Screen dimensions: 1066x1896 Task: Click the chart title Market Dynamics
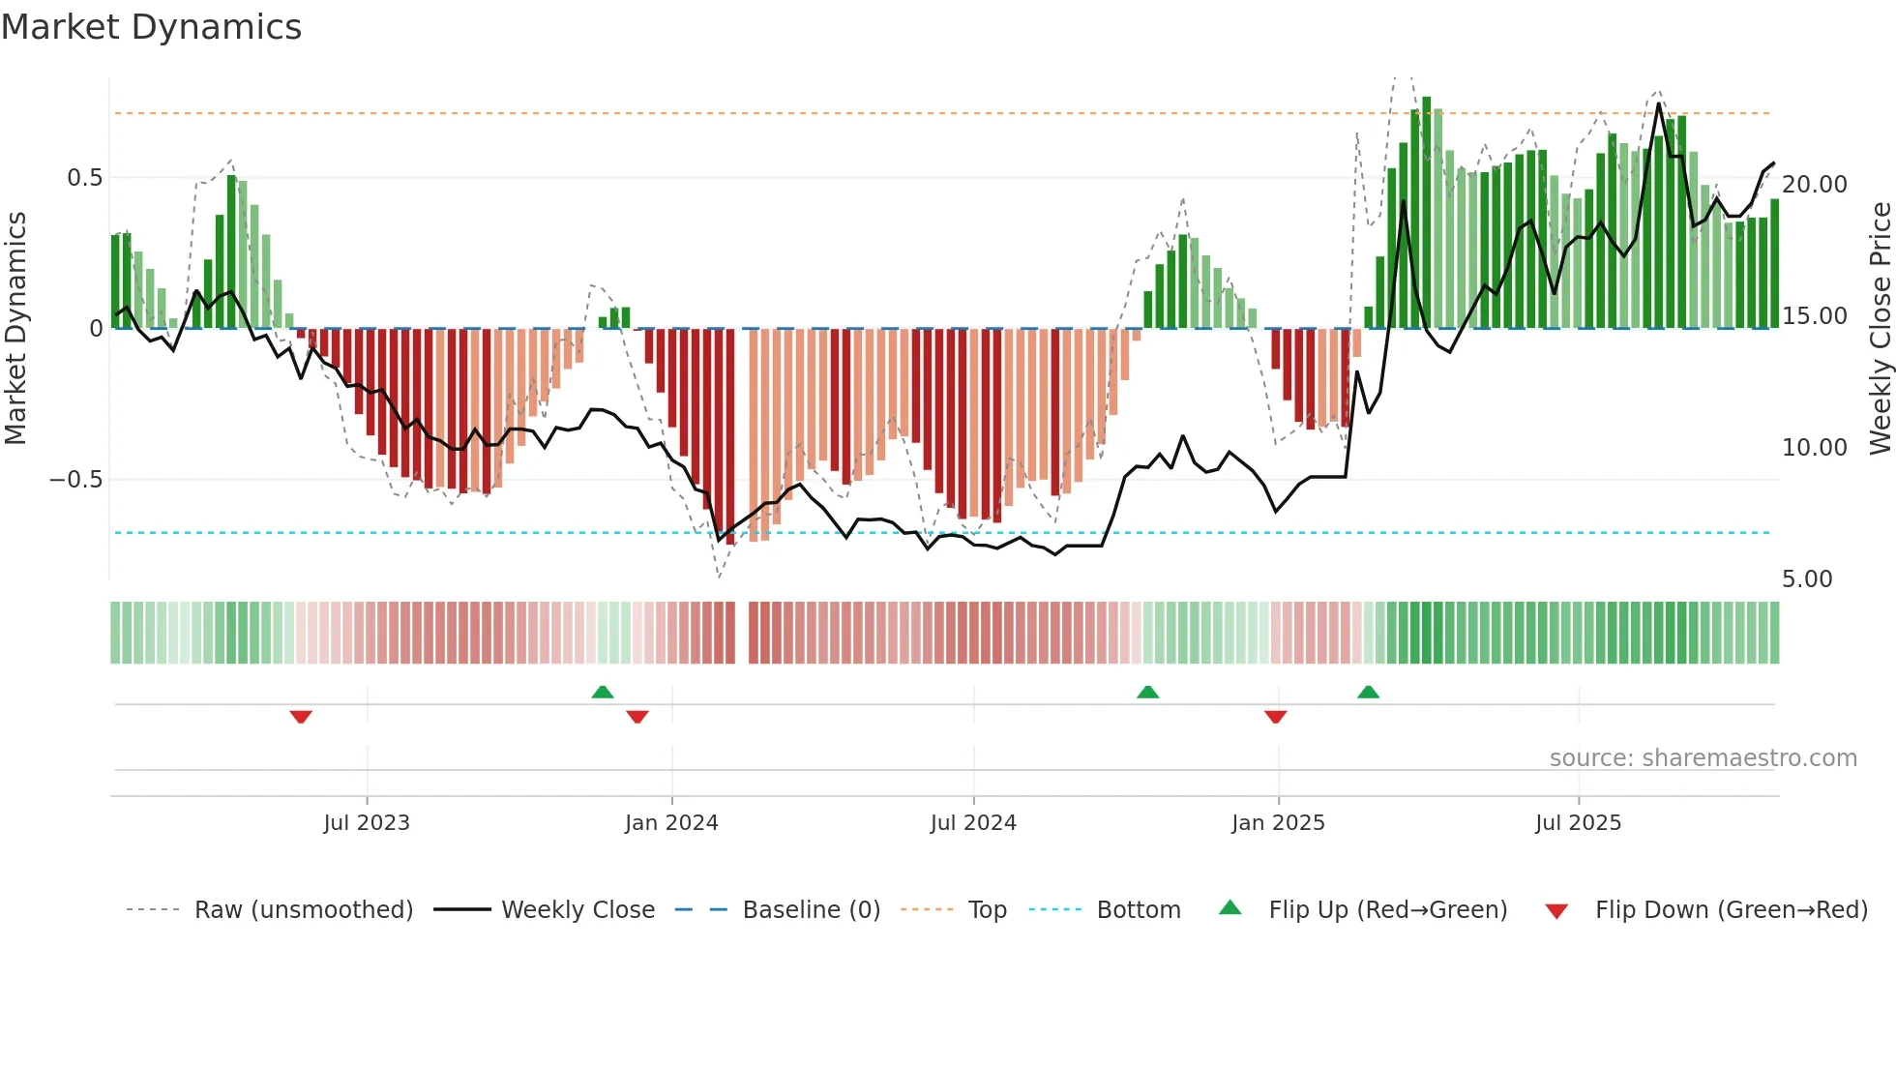click(x=151, y=27)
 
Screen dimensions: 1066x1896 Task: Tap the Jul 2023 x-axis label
click(x=367, y=823)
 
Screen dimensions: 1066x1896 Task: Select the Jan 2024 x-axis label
click(x=671, y=823)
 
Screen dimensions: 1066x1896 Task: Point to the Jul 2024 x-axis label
click(x=973, y=823)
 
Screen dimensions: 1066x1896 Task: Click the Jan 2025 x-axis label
click(x=1278, y=823)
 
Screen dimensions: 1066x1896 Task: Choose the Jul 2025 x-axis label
click(x=1578, y=823)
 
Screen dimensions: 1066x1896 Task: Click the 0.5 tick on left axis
click(x=84, y=178)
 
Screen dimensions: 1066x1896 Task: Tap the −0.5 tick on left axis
click(x=76, y=480)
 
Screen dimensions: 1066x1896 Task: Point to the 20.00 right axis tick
click(x=1814, y=185)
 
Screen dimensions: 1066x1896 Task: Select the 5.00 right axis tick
click(x=1807, y=579)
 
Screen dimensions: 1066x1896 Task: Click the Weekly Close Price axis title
click(x=1880, y=329)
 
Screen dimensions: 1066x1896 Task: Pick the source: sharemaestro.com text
click(x=1703, y=758)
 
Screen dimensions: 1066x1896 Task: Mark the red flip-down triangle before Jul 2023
click(x=301, y=717)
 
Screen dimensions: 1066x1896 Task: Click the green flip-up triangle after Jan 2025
click(x=1368, y=692)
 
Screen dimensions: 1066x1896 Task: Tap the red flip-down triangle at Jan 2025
click(x=1275, y=717)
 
